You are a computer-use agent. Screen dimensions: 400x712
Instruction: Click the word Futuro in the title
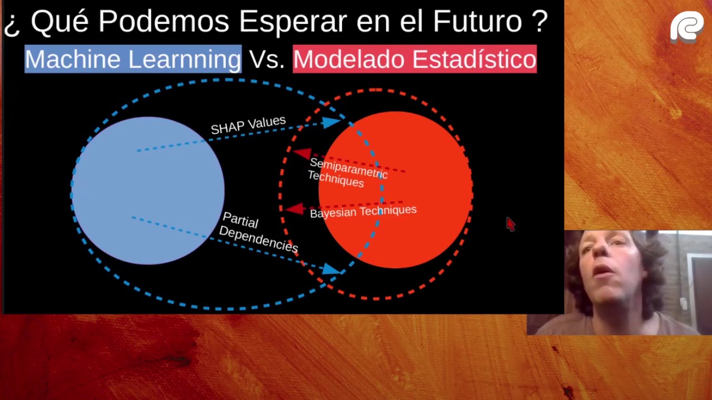(477, 22)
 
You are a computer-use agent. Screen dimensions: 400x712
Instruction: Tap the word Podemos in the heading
(166, 22)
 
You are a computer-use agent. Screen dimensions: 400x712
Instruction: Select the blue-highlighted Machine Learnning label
(133, 59)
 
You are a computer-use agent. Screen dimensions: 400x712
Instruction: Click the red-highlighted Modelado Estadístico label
(414, 59)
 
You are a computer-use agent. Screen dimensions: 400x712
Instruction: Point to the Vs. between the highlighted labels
(267, 59)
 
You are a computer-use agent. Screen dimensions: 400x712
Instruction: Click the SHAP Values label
(248, 125)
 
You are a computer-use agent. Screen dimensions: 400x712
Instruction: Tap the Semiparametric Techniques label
(347, 172)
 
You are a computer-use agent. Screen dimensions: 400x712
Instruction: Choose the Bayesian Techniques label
(363, 212)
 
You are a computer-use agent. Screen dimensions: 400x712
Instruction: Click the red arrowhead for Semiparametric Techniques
(302, 153)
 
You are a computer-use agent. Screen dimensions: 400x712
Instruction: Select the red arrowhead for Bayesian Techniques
(295, 209)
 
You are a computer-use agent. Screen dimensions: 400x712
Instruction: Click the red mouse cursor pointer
(510, 223)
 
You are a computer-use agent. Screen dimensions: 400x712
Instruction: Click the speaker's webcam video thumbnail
(623, 282)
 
